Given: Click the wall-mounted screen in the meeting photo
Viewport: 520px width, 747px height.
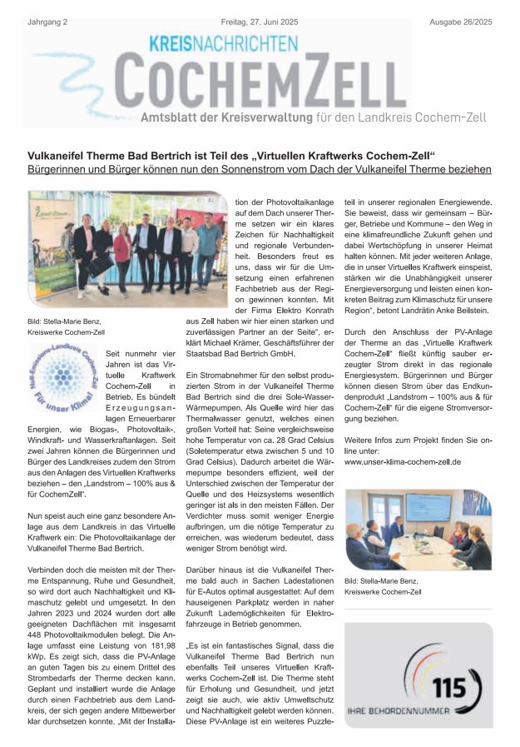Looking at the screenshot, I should tap(428, 507).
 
